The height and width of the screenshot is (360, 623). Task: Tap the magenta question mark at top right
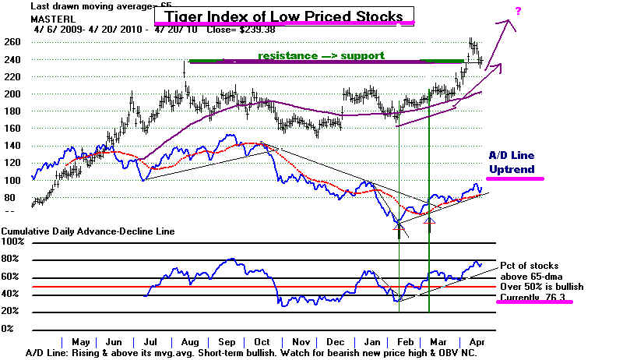(519, 9)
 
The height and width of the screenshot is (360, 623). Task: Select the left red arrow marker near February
(399, 227)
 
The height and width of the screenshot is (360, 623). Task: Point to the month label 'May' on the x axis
(80, 342)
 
